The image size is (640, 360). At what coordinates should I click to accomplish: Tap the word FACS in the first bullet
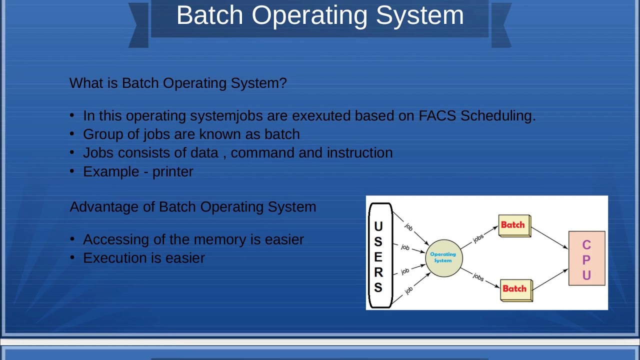[437, 115]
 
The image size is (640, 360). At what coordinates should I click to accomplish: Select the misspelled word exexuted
[321, 115]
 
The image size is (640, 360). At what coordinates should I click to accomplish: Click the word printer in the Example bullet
[172, 171]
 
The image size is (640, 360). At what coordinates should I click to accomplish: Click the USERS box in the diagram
[379, 255]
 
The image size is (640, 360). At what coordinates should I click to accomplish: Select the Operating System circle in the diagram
[443, 257]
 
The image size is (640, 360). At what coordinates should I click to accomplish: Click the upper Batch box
[514, 225]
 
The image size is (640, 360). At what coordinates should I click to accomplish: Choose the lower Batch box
[515, 289]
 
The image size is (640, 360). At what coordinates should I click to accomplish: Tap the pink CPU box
[586, 258]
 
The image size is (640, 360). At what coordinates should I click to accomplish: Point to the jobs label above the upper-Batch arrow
[478, 238]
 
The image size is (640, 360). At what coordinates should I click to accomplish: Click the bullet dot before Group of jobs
[72, 133]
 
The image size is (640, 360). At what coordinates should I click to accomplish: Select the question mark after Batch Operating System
[284, 83]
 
